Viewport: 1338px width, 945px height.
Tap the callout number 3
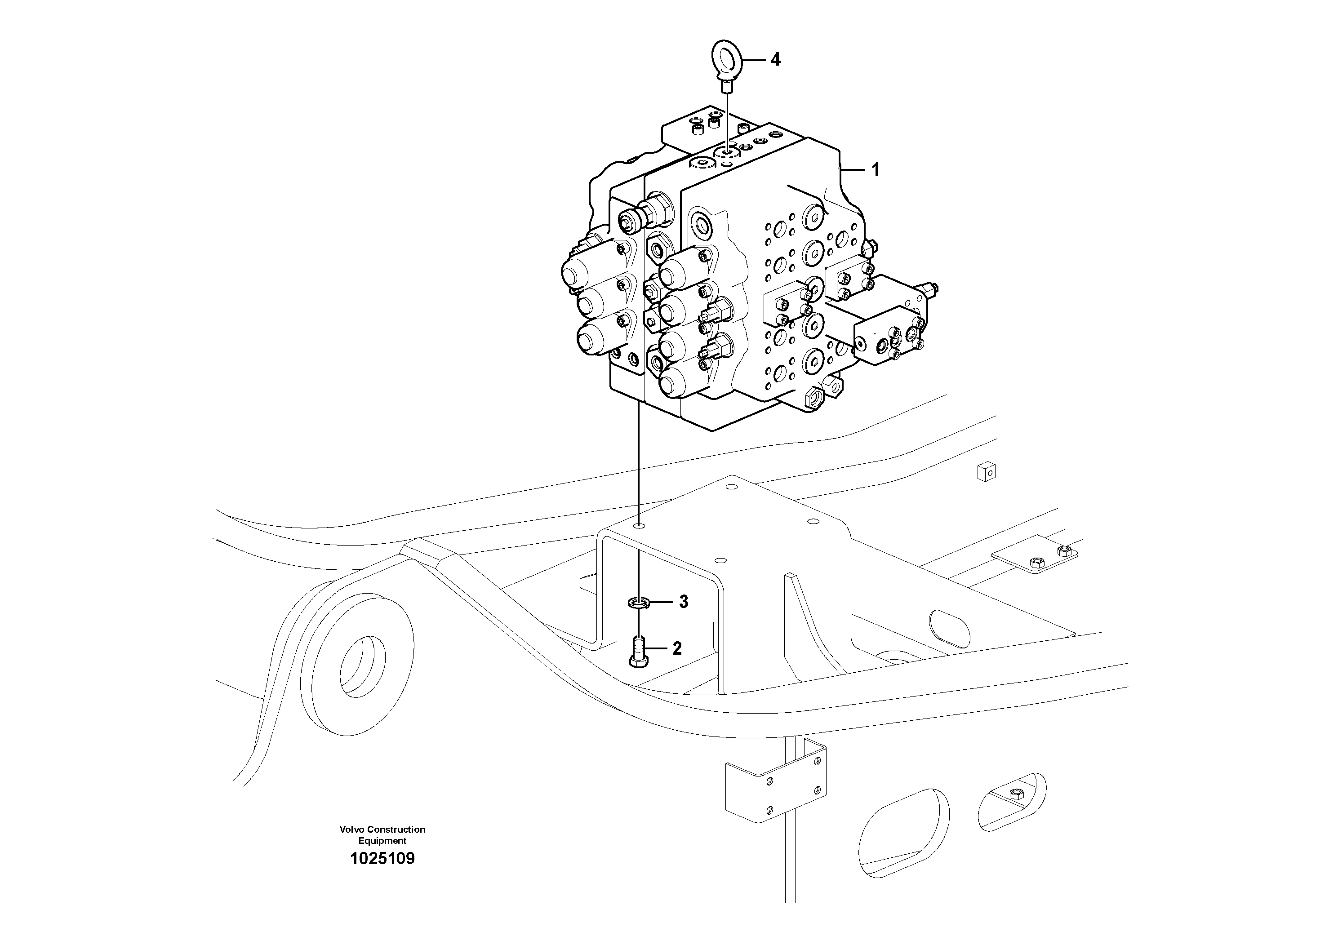click(684, 602)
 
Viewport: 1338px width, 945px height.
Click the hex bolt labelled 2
click(639, 652)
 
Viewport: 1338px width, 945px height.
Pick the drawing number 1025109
click(382, 859)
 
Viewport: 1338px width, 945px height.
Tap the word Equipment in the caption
click(382, 841)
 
